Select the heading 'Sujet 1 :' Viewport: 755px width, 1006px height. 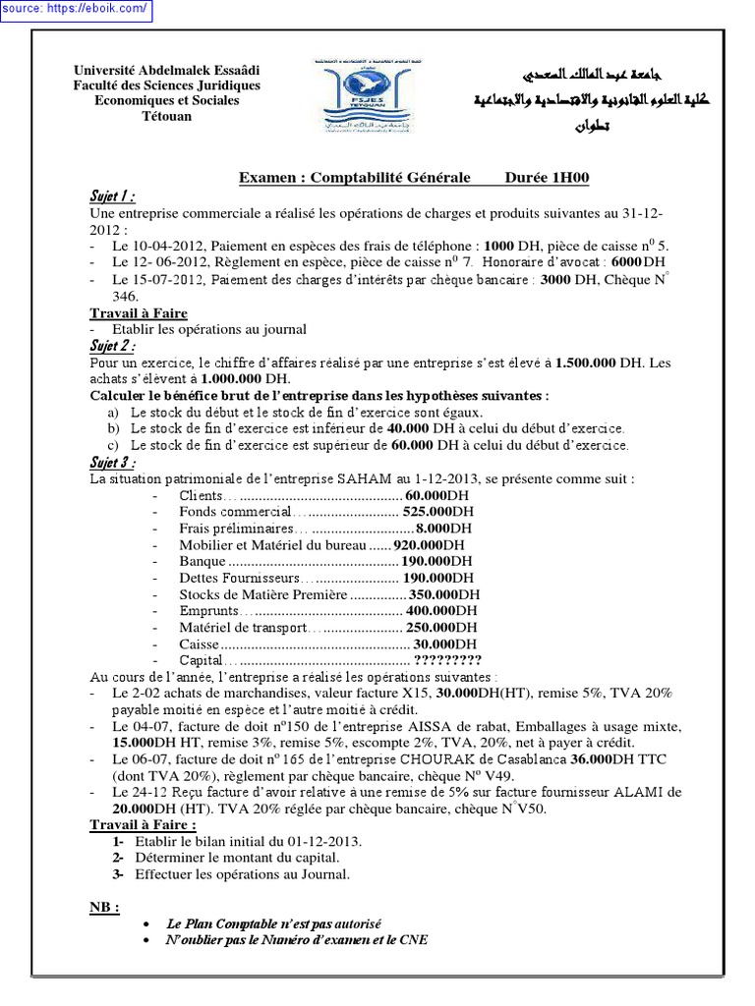point(112,196)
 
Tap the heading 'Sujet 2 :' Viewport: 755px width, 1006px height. point(112,346)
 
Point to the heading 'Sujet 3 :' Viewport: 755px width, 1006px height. point(112,463)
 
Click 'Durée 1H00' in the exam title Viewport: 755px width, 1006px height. point(547,178)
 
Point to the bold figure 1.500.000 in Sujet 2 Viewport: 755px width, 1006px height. point(586,363)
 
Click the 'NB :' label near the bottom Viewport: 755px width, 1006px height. point(104,908)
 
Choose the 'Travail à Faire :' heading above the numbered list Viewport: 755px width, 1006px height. point(143,824)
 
